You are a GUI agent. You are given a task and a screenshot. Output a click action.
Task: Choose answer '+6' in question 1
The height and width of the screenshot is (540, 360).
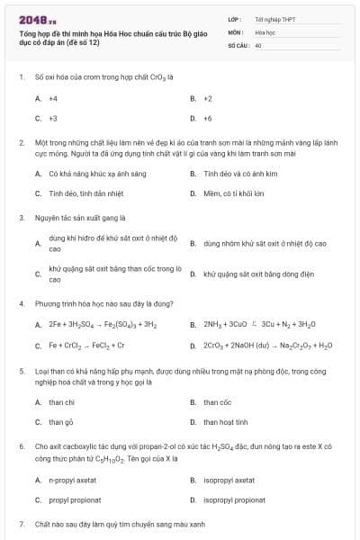208,118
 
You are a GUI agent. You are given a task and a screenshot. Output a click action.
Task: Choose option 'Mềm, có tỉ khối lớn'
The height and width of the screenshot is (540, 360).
233,193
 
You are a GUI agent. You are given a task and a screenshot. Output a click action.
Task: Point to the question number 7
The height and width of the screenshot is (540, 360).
21,523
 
